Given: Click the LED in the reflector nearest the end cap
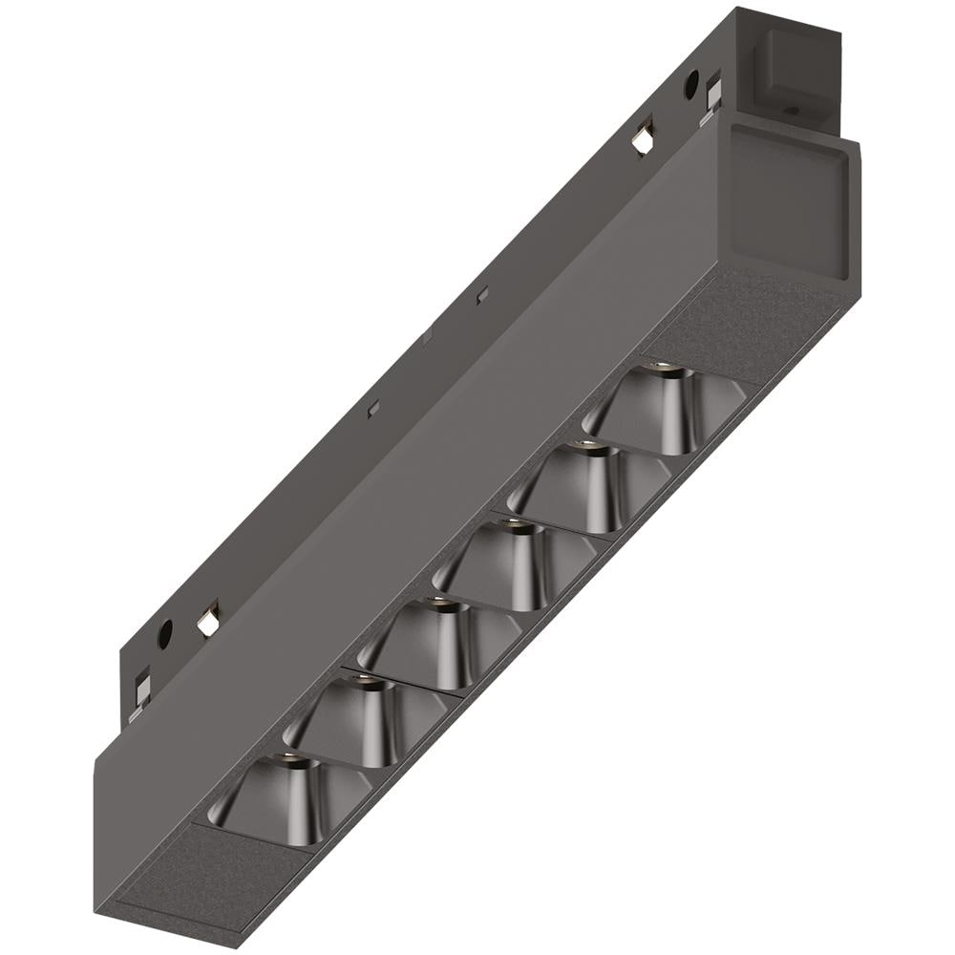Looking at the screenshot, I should (656, 368).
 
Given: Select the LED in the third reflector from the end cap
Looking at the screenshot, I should (513, 522).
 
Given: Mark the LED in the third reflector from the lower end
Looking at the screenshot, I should (437, 602).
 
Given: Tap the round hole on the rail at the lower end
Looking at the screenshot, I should (164, 632).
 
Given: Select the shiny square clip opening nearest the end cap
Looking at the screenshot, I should (643, 140).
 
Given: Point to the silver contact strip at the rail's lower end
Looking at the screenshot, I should (141, 694).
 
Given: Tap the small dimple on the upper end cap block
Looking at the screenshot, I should (790, 111).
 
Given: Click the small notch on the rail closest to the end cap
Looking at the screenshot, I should (483, 294).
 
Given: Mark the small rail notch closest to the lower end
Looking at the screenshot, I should (374, 408).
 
